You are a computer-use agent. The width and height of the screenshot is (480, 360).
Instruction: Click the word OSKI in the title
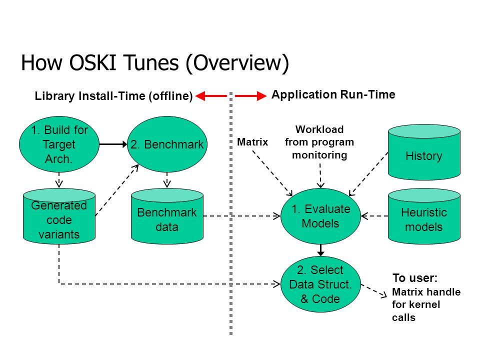[92, 62]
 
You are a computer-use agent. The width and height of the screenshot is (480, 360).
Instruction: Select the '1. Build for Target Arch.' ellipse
[59, 144]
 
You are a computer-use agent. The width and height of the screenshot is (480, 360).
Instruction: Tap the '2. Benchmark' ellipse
[167, 144]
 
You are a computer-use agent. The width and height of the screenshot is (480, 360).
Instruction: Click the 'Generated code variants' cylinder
[59, 216]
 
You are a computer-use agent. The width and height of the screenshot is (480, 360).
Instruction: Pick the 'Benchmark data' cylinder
[167, 216]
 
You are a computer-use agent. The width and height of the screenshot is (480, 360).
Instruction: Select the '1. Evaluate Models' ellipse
[320, 216]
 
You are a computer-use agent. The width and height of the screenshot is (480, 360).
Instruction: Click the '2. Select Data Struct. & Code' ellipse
[320, 284]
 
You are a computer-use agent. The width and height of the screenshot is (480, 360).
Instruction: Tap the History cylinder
[424, 152]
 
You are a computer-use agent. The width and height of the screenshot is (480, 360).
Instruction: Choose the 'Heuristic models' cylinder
[424, 216]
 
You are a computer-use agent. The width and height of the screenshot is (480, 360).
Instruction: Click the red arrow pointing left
[211, 96]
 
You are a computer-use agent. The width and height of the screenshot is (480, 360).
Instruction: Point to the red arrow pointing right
[250, 96]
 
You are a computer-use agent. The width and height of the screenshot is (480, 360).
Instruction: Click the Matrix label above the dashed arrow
[252, 142]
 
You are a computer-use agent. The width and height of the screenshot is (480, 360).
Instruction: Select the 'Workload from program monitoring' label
[319, 142]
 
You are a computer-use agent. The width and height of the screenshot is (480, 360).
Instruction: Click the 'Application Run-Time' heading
[333, 94]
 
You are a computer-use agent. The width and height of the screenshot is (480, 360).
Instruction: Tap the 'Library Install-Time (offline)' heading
[113, 96]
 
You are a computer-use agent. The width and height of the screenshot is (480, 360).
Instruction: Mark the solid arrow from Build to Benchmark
[113, 144]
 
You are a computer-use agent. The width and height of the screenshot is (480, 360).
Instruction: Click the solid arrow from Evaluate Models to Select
[320, 250]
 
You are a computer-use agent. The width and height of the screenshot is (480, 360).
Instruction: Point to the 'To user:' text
[415, 278]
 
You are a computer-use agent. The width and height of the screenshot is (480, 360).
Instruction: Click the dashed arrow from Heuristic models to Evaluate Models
[374, 216]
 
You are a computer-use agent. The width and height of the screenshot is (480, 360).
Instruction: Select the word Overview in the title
[237, 63]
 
